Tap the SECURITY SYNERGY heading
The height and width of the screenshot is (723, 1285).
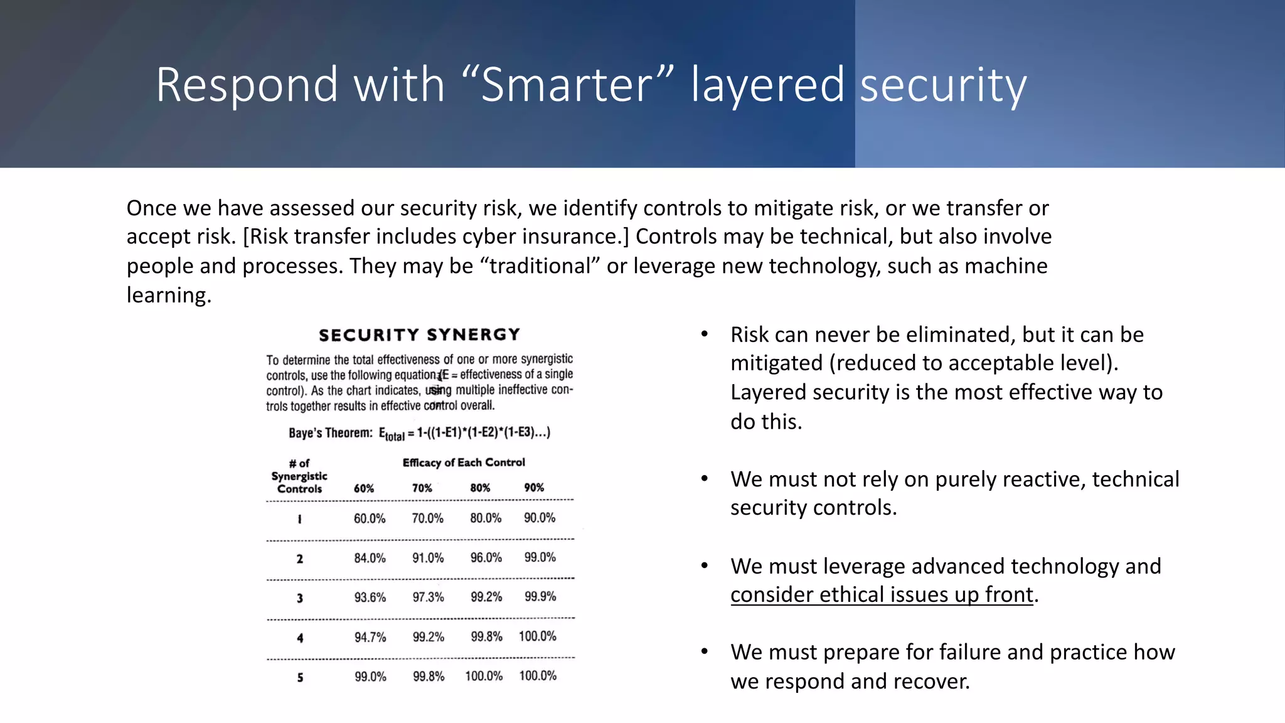coord(419,335)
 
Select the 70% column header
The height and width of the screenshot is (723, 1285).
coord(422,488)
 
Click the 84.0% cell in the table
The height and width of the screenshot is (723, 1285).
coord(370,558)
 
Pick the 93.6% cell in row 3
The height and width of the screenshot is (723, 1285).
coord(370,597)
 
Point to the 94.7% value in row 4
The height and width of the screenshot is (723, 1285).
coord(370,637)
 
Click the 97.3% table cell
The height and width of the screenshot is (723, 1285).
coord(428,597)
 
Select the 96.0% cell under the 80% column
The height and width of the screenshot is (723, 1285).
coord(486,557)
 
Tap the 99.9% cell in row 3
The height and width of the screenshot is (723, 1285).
coord(540,596)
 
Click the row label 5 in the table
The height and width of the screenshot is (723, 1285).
coord(300,677)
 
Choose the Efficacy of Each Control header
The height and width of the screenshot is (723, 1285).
coord(464,463)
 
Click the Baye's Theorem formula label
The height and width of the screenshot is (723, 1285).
coord(331,432)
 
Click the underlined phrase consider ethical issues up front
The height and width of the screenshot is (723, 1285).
coord(881,594)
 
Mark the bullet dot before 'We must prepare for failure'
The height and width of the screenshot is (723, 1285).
coord(705,652)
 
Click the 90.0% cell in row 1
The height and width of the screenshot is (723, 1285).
coord(540,518)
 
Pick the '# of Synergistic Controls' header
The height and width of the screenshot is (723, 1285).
coord(299,476)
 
